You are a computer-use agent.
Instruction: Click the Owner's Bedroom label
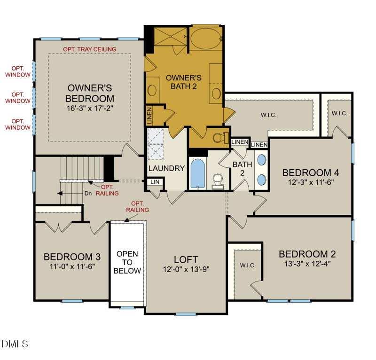coord(90,94)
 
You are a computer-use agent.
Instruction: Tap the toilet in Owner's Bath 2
coord(220,138)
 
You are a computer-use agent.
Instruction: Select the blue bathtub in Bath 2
coord(198,173)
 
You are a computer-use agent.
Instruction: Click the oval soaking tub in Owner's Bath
coord(206,39)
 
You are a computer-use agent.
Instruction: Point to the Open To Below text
coord(127,262)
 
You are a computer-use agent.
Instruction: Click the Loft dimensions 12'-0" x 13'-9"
coord(186,269)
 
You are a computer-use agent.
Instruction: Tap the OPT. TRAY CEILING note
coord(90,49)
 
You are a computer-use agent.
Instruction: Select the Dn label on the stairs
coord(88,193)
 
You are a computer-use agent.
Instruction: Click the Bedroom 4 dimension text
coord(311,182)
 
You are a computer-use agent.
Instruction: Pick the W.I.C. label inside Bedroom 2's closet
coord(248,265)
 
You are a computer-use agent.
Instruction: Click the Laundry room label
coord(166,168)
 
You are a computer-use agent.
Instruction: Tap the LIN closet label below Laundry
coord(155,182)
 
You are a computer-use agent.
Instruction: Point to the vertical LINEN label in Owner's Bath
coord(149,116)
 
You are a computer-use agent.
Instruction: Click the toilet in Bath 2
coord(218,181)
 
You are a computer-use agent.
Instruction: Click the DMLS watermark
coord(15,344)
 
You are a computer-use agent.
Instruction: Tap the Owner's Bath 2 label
coord(184,82)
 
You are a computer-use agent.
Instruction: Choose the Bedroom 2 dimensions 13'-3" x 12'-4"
coord(307,264)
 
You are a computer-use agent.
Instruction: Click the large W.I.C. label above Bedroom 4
coord(268,115)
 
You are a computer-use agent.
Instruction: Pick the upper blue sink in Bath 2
coord(261,159)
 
